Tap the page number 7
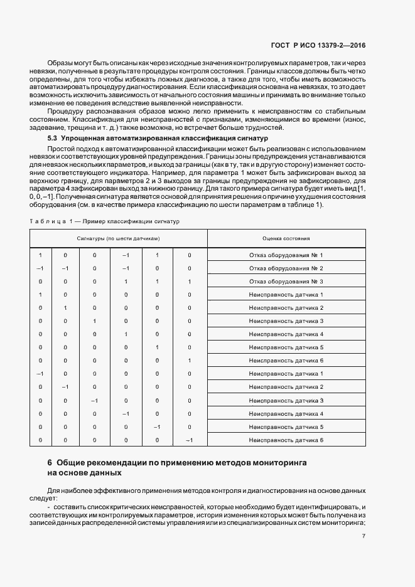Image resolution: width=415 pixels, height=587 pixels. (x=364, y=536)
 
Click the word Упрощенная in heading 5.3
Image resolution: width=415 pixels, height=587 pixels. (x=86, y=137)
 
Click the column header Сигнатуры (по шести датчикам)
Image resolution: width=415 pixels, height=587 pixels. (x=119, y=239)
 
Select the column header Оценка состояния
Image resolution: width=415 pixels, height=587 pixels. (x=286, y=239)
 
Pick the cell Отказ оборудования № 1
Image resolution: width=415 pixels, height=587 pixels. (x=286, y=255)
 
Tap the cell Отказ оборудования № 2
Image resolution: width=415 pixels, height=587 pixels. (x=286, y=268)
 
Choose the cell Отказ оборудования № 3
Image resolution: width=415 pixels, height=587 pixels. (x=286, y=282)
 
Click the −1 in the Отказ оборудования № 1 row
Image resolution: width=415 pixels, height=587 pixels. (x=126, y=255)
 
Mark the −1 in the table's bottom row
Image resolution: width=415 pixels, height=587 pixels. (x=189, y=440)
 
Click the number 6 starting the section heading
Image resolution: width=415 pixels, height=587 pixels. (x=50, y=463)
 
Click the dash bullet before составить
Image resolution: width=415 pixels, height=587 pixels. (x=49, y=506)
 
